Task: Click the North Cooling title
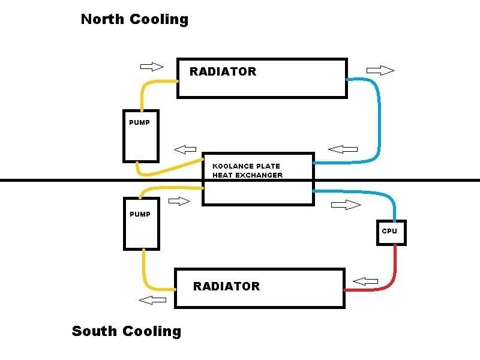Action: pyautogui.click(x=134, y=19)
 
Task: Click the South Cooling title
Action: pyautogui.click(x=126, y=331)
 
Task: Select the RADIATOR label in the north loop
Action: pyautogui.click(x=223, y=71)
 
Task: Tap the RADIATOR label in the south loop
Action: pyautogui.click(x=226, y=286)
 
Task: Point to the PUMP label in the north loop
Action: pyautogui.click(x=139, y=122)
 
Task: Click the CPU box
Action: pyautogui.click(x=391, y=231)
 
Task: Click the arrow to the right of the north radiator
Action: pyautogui.click(x=380, y=70)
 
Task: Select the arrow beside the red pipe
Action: pyautogui.click(x=365, y=281)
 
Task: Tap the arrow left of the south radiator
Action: pyautogui.click(x=153, y=299)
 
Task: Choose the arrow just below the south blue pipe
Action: pyautogui.click(x=346, y=205)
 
